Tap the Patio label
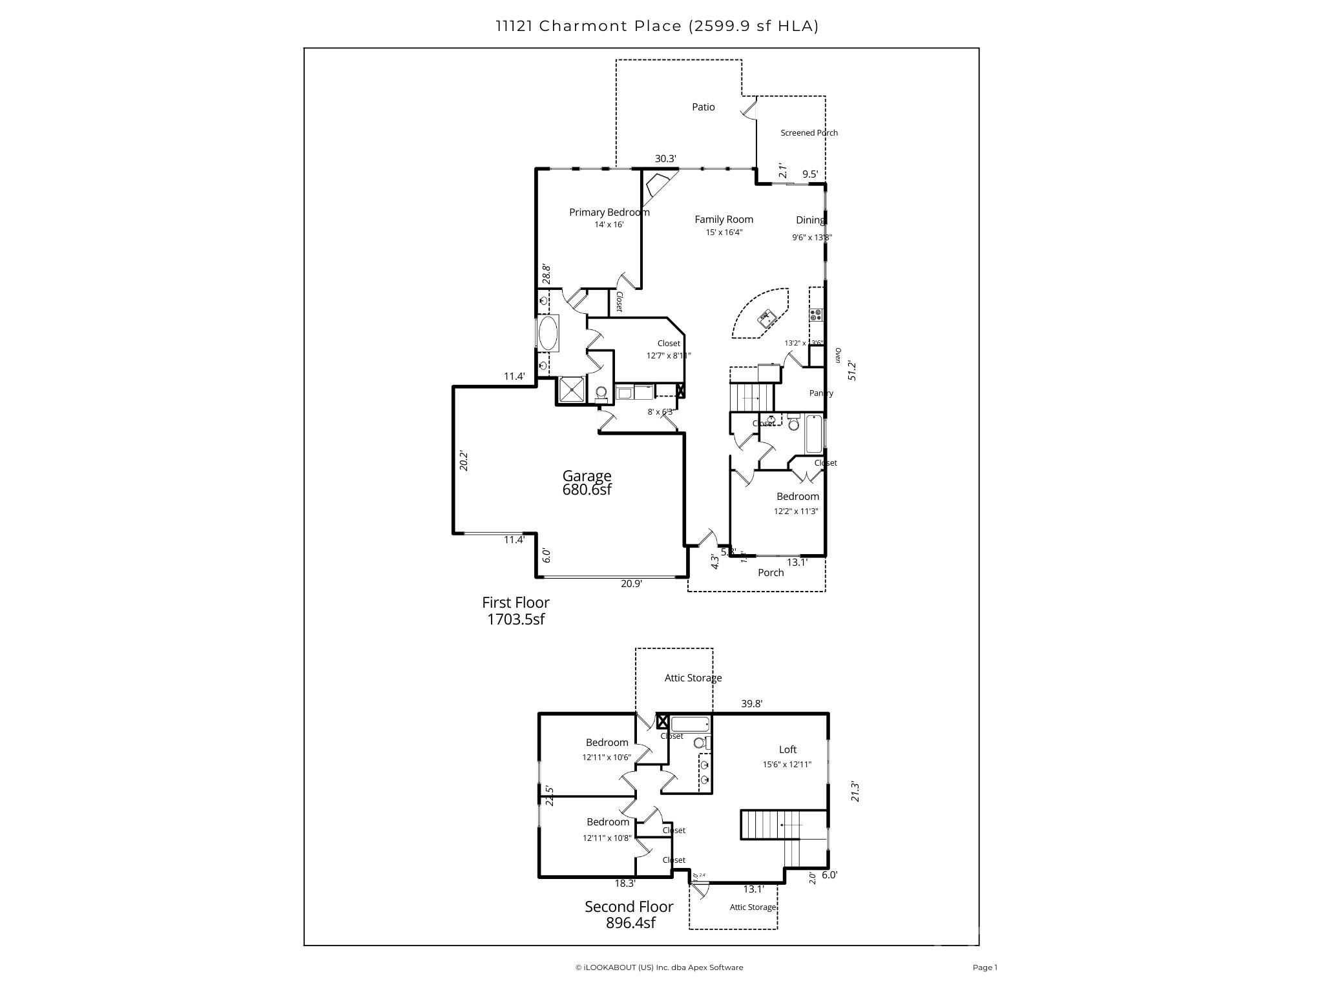(x=703, y=107)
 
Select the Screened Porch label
(x=809, y=133)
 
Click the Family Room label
(x=724, y=220)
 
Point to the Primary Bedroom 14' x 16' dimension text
(x=609, y=225)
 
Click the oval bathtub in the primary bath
(x=548, y=333)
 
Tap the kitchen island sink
(x=767, y=317)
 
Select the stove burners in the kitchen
(x=816, y=315)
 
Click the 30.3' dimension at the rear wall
(x=665, y=159)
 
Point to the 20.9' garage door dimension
(x=631, y=584)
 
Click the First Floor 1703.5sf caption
(x=516, y=611)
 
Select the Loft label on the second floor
(x=787, y=750)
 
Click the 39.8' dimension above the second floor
(x=751, y=704)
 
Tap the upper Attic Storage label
(x=693, y=678)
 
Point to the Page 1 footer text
(x=985, y=967)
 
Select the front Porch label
(x=771, y=573)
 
